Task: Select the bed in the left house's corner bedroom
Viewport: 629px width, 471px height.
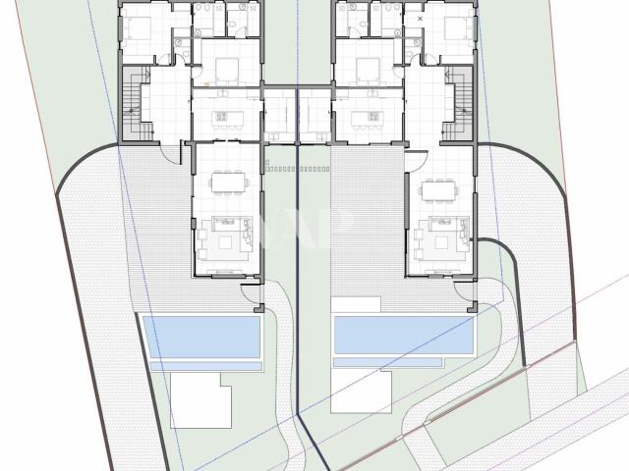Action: click(140, 28)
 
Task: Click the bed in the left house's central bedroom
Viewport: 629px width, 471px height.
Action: click(226, 68)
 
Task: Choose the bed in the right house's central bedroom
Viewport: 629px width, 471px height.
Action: click(368, 68)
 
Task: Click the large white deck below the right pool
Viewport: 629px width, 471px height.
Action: click(361, 392)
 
